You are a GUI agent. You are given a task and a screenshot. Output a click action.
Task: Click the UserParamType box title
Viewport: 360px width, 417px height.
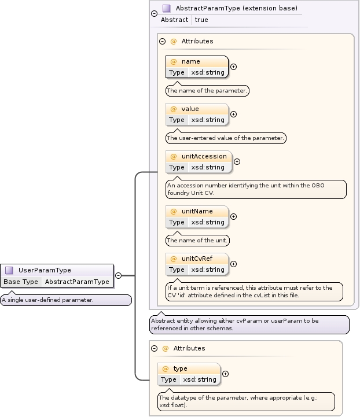53,270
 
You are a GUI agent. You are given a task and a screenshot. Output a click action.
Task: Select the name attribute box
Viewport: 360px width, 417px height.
197,67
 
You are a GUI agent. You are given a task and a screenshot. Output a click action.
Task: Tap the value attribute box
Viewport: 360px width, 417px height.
197,114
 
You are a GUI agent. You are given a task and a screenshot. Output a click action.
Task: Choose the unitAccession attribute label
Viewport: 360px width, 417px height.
204,156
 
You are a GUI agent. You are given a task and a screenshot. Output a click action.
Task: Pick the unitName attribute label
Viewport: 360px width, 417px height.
197,211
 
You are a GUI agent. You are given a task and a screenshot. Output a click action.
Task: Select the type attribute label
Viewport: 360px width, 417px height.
180,368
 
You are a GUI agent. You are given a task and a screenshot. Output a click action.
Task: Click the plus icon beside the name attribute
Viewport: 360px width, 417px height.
233,67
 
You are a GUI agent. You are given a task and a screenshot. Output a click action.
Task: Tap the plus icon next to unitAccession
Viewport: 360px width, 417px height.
237,162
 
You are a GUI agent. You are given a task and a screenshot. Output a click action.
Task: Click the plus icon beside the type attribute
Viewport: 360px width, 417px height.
225,374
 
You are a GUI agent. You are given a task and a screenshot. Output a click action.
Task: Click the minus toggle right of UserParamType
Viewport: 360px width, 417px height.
118,276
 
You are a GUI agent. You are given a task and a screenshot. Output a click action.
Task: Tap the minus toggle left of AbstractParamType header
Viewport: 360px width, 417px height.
153,14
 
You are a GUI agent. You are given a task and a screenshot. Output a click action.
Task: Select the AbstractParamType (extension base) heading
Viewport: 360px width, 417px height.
236,8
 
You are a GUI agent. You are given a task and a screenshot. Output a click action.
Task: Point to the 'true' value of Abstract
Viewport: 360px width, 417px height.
201,20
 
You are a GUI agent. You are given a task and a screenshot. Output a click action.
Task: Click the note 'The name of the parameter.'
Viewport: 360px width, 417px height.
207,91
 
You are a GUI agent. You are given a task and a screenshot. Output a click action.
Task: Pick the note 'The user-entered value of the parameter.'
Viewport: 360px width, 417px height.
226,138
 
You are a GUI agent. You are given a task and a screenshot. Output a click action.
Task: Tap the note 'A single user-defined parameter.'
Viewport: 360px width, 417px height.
47,300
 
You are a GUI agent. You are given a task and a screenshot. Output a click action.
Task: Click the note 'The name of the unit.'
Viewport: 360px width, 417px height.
197,241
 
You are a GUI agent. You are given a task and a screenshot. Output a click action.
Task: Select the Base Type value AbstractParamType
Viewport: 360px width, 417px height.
77,282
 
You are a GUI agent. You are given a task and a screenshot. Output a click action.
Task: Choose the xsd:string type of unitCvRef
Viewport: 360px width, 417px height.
208,270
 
